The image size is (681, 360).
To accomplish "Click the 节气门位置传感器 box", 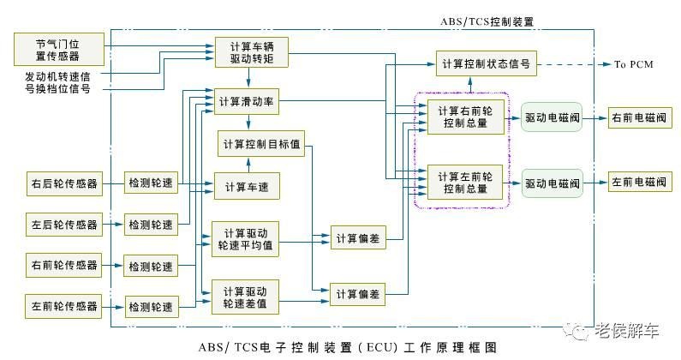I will pyautogui.click(x=58, y=50).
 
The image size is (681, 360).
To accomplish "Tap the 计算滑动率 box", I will pyautogui.click(x=248, y=101).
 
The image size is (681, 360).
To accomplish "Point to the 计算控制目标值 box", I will pyautogui.click(x=261, y=143).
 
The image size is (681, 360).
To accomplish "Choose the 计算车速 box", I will pyautogui.click(x=248, y=186).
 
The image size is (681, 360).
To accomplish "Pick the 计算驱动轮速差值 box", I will pyautogui.click(x=245, y=295).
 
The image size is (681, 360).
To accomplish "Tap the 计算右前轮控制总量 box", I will pyautogui.click(x=463, y=117).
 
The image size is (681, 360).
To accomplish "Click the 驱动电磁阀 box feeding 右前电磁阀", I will pyautogui.click(x=552, y=117).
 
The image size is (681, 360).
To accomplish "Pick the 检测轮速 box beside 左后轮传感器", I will pyautogui.click(x=151, y=225).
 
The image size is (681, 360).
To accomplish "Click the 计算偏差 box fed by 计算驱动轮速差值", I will pyautogui.click(x=358, y=295).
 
